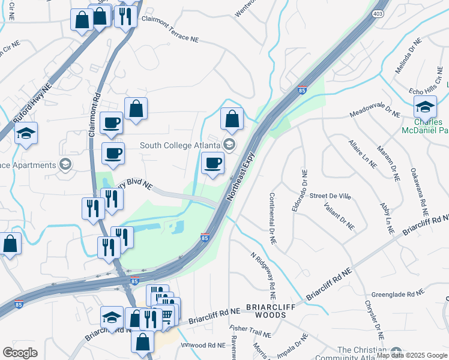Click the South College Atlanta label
pos(179,145)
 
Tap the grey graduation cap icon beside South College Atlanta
pos(229,145)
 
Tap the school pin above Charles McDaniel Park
pos(425,108)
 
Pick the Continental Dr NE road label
pos(272,218)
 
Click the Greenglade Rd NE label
pos(399,294)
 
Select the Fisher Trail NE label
pos(247,329)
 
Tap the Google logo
pos(20,353)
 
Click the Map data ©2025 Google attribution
pos(411,355)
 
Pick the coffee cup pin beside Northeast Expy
pos(212,164)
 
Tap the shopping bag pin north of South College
pos(232,119)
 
